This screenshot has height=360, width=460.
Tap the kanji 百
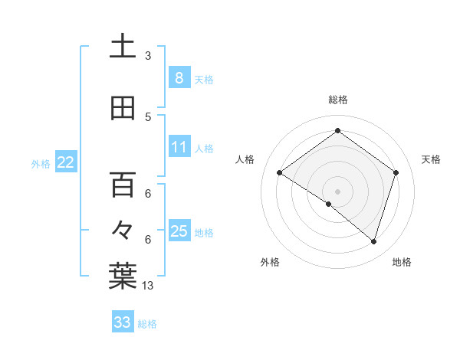point(123,185)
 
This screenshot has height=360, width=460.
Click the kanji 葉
point(123,277)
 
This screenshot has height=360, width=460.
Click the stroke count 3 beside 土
point(148,56)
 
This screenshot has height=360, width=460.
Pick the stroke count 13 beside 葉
point(148,286)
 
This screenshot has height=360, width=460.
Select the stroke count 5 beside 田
point(148,116)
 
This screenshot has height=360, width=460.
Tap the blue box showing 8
point(179,77)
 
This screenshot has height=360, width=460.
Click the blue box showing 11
point(179,146)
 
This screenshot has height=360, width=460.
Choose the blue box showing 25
point(179,231)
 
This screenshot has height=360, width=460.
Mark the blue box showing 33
point(122,322)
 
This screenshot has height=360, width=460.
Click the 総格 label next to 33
point(147,324)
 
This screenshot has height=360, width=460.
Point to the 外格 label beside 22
point(40,163)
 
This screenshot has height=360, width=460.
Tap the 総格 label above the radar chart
point(337,100)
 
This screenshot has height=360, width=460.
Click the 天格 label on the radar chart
point(431,159)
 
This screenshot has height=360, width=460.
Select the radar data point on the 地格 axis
point(373,242)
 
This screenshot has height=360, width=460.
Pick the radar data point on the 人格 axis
point(280,173)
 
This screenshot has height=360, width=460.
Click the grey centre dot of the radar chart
point(337,191)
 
